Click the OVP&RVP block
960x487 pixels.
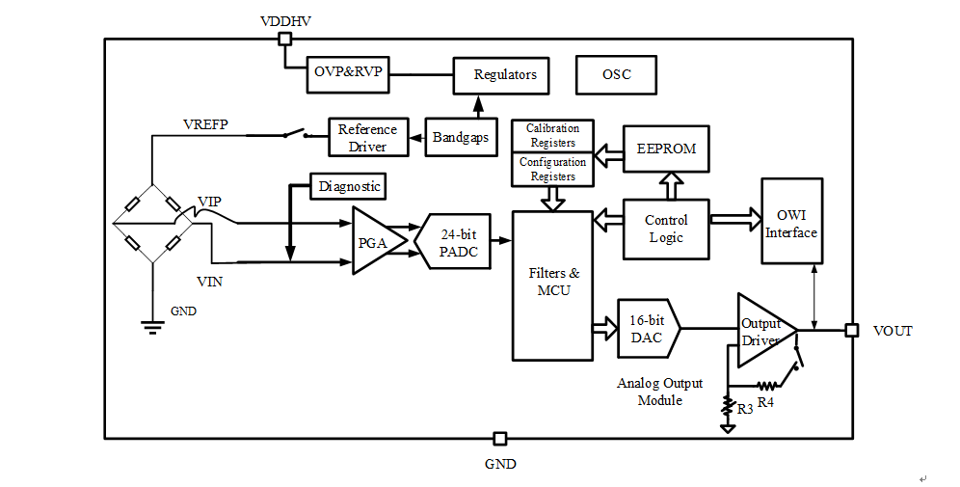[x=349, y=74]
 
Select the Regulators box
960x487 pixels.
[x=505, y=75]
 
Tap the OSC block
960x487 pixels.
[x=616, y=75]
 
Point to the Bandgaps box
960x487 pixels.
[x=460, y=137]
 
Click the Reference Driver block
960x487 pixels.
[x=367, y=138]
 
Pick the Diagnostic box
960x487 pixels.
[x=349, y=186]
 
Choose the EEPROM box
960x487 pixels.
[x=666, y=149]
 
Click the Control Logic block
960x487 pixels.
[x=666, y=230]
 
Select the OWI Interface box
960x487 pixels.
[x=791, y=221]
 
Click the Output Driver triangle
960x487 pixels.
[x=764, y=331]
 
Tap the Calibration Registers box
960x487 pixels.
[x=553, y=135]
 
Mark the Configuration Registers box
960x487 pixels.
[x=553, y=170]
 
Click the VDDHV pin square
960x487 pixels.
[x=284, y=40]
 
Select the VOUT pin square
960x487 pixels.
[x=852, y=331]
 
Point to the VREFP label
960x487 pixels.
[x=205, y=125]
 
